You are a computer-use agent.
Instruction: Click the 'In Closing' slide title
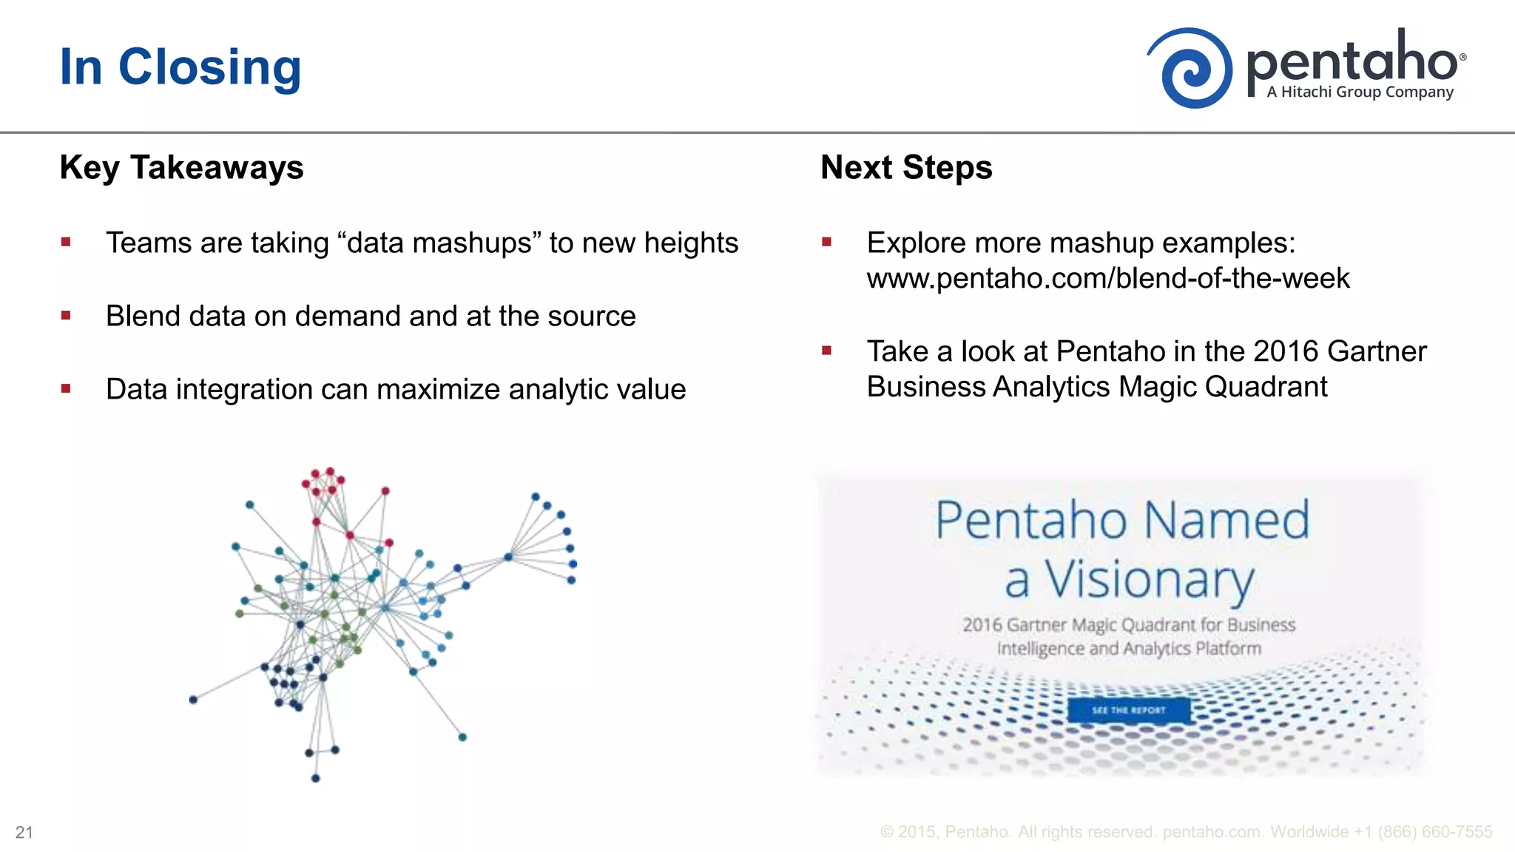(180, 67)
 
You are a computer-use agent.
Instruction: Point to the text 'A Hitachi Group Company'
(1360, 92)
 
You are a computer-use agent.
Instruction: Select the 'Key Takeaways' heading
(181, 167)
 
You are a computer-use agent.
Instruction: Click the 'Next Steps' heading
(906, 167)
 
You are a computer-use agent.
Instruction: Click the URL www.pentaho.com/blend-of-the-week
(1107, 279)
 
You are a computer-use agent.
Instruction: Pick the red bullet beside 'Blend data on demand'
(66, 316)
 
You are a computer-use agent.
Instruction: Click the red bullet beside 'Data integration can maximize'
(66, 388)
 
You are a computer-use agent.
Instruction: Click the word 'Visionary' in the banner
(1149, 580)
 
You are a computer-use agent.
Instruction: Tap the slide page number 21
(24, 833)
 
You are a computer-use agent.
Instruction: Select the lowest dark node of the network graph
(315, 778)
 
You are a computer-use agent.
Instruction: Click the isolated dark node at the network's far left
(193, 700)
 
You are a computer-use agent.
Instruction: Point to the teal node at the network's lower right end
(462, 737)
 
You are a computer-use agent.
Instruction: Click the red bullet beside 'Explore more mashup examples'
(827, 242)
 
